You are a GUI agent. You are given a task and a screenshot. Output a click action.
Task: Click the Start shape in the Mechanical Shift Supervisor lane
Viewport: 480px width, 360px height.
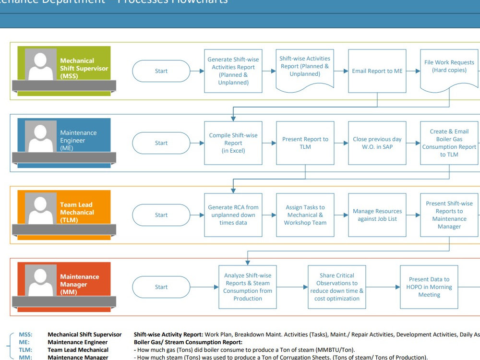pyautogui.click(x=161, y=71)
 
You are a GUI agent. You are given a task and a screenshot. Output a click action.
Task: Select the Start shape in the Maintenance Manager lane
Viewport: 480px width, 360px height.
pyautogui.click(x=161, y=287)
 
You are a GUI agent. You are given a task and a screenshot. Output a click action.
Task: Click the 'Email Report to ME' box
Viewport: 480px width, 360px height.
pyautogui.click(x=377, y=71)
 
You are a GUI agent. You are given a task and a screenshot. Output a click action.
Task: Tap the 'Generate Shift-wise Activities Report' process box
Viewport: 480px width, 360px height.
pyautogui.click(x=233, y=71)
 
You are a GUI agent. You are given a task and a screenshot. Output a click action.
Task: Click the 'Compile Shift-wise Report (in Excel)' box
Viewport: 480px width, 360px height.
pyautogui.click(x=233, y=143)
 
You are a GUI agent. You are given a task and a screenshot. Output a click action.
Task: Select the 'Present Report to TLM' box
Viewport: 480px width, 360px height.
pyautogui.click(x=305, y=143)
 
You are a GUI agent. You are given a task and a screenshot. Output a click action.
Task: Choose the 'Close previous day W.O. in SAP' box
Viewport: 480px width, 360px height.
pyautogui.click(x=377, y=143)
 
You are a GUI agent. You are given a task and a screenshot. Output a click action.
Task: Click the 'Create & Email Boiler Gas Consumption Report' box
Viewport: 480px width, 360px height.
pyautogui.click(x=449, y=143)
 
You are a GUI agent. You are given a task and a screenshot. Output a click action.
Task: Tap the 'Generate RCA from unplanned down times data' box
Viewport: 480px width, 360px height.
pyautogui.click(x=233, y=215)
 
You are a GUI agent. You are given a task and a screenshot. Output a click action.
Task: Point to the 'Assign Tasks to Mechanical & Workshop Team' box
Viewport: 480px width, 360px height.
pyautogui.click(x=305, y=215)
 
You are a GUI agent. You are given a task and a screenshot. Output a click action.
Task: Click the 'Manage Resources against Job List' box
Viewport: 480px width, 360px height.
pyautogui.click(x=377, y=215)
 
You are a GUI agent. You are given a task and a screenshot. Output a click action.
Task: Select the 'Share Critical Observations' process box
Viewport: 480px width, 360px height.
pyautogui.click(x=337, y=287)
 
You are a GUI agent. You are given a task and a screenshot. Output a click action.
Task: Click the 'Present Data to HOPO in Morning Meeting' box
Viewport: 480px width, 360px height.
pyautogui.click(x=429, y=287)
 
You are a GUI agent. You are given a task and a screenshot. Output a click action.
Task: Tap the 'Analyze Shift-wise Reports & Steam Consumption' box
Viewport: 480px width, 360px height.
pyautogui.click(x=248, y=287)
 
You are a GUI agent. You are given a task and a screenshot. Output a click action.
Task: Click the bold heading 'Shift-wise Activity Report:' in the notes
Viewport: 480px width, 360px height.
pyautogui.click(x=168, y=335)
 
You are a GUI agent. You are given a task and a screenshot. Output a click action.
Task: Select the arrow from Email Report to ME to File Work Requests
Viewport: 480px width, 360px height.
pyautogui.click(x=413, y=71)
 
